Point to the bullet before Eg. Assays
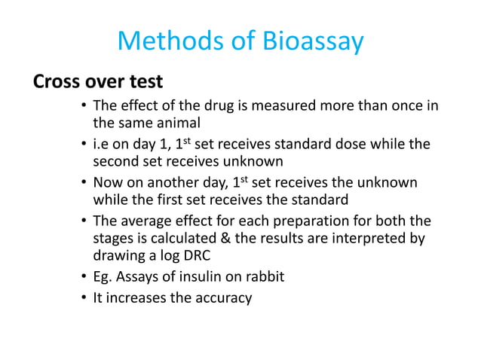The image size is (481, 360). [x=84, y=277]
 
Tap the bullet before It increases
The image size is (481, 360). [x=84, y=297]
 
